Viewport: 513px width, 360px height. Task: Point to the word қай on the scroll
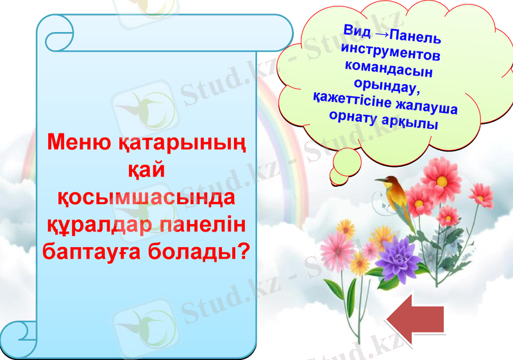[x=147, y=170]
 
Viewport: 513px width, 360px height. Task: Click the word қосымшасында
[x=147, y=197]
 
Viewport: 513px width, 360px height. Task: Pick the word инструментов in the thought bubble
[x=391, y=51]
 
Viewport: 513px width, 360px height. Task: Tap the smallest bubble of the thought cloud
[x=340, y=176]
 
